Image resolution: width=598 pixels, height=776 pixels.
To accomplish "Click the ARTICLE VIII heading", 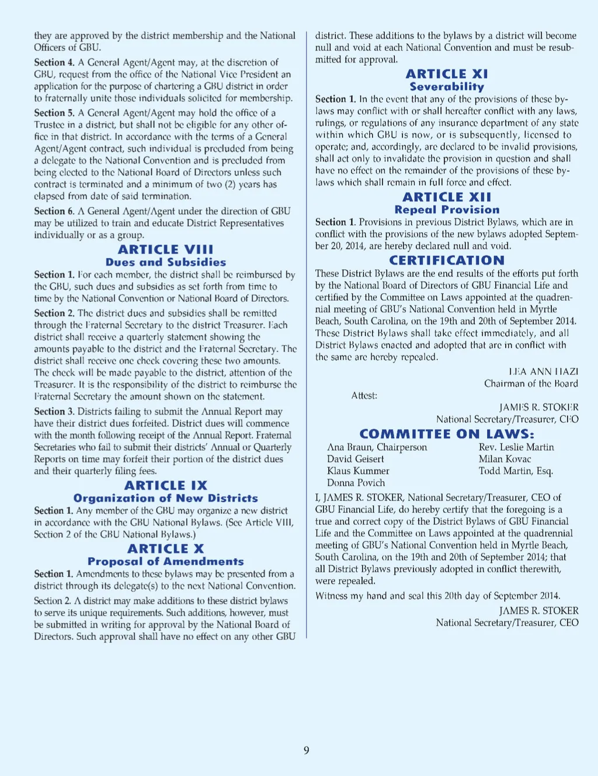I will (165, 249).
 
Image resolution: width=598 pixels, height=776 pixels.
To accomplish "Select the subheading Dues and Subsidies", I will (165, 262).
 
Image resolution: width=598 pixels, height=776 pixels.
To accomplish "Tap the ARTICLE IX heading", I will (165, 485).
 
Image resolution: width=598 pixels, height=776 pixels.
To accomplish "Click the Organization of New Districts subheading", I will (165, 498).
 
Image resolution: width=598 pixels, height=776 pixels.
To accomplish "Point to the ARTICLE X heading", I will (165, 549).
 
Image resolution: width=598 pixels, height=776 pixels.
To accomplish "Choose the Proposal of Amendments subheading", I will (165, 561).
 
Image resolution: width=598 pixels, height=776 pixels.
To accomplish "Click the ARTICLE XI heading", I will (447, 74).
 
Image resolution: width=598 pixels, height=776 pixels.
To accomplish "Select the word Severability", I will (447, 86).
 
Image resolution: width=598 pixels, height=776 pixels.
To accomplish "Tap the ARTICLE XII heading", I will (447, 197).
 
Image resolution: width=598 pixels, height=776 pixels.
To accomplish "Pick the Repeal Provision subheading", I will (447, 210).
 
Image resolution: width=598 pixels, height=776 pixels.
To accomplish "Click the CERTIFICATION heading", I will (447, 260).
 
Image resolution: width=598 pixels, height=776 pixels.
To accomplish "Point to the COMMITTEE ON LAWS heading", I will (447, 434).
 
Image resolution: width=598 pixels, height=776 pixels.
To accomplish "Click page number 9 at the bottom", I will (307, 750).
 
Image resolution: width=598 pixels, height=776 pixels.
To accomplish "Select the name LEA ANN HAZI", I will (543, 371).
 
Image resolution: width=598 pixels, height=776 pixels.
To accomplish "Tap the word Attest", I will (364, 395).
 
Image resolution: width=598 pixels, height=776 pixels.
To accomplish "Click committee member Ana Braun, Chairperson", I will (377, 447).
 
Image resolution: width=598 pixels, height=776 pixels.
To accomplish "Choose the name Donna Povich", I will (356, 483).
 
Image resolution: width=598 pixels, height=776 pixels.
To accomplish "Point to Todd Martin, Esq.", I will (516, 471).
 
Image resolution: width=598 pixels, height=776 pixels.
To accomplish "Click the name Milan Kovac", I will (505, 459).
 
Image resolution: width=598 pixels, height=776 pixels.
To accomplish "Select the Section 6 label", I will (54, 211).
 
